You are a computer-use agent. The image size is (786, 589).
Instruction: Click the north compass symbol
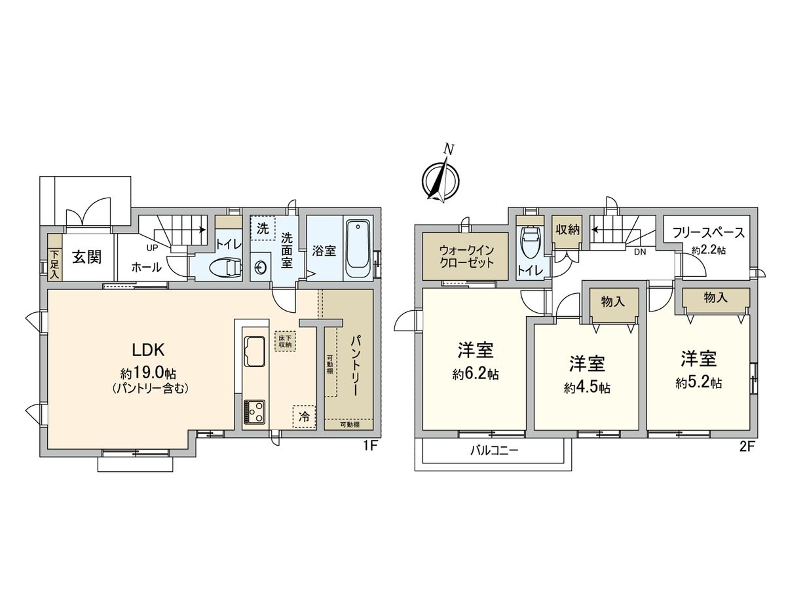click(x=440, y=177)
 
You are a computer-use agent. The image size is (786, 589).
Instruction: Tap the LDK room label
click(x=145, y=350)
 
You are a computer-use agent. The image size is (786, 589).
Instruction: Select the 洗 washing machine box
click(x=262, y=228)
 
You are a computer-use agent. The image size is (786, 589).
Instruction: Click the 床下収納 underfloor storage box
click(x=285, y=340)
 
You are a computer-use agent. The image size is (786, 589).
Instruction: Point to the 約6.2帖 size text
click(x=476, y=375)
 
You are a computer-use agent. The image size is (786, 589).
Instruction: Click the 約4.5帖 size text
click(x=587, y=387)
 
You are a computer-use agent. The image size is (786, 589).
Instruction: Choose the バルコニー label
click(x=495, y=450)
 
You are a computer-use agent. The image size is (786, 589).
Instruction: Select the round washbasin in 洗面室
click(x=261, y=268)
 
